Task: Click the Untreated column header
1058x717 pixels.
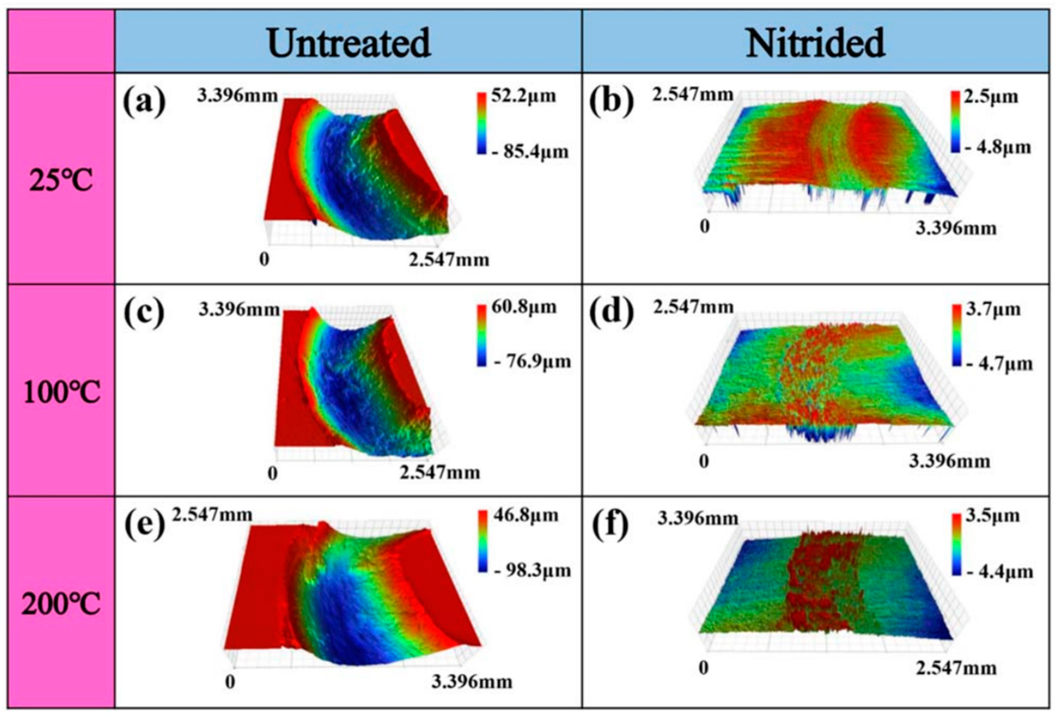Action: (x=349, y=43)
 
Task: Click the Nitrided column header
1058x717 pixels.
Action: (x=815, y=43)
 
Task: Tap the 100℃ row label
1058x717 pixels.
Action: (x=61, y=393)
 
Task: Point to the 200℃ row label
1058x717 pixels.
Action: (x=61, y=606)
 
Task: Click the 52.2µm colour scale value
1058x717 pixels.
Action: (x=523, y=96)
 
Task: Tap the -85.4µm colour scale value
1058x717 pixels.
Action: (x=530, y=151)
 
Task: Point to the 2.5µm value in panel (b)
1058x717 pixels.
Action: (x=990, y=96)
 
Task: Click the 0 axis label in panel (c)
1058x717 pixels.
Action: (x=272, y=473)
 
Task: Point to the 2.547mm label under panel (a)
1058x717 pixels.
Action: (x=448, y=260)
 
